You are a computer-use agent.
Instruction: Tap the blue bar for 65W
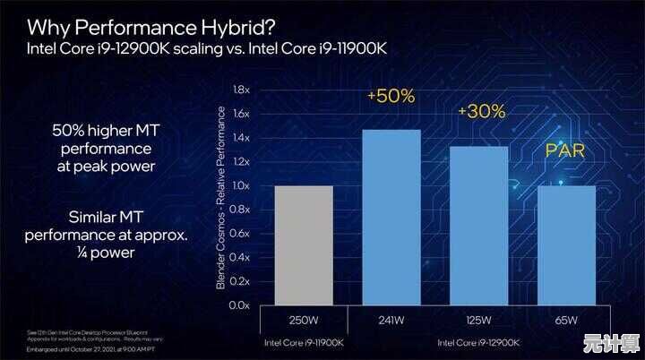point(566,244)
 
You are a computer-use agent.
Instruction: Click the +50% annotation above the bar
point(391,97)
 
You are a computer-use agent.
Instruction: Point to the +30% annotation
point(481,112)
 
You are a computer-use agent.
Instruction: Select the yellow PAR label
point(565,151)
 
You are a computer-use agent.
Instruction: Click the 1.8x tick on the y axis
point(240,90)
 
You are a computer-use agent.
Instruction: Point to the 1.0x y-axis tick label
point(240,185)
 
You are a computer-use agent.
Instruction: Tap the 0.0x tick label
point(240,305)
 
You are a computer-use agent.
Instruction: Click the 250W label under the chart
point(304,321)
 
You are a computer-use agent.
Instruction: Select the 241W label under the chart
point(391,321)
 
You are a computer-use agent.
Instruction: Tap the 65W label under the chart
point(566,321)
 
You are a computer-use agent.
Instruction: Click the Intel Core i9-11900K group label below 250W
point(304,341)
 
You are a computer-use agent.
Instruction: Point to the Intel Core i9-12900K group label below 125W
point(478,341)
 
